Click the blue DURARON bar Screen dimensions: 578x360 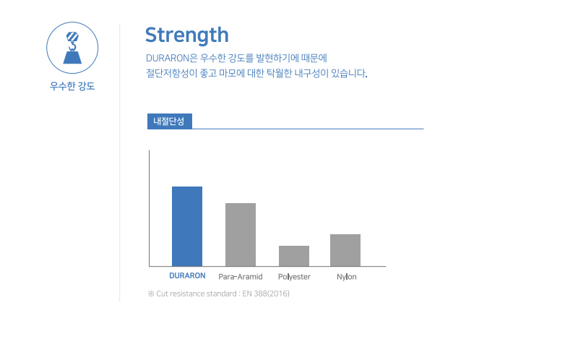[187, 226]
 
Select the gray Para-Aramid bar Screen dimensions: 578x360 [241, 235]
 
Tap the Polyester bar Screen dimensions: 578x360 [294, 256]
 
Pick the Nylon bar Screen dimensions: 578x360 [345, 250]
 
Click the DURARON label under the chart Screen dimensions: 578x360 [187, 275]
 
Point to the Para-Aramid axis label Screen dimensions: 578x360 [241, 277]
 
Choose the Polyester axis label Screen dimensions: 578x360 [294, 277]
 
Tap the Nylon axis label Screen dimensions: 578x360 [347, 277]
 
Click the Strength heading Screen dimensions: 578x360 [187, 35]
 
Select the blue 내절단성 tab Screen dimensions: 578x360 [170, 121]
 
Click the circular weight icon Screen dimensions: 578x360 [72, 48]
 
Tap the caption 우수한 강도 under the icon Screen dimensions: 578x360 [72, 86]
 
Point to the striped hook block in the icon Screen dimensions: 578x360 [72, 37]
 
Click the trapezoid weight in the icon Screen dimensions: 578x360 [72, 58]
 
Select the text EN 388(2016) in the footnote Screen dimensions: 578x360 [266, 293]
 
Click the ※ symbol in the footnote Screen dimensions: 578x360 [151, 293]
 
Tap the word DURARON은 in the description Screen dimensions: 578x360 [172, 59]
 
